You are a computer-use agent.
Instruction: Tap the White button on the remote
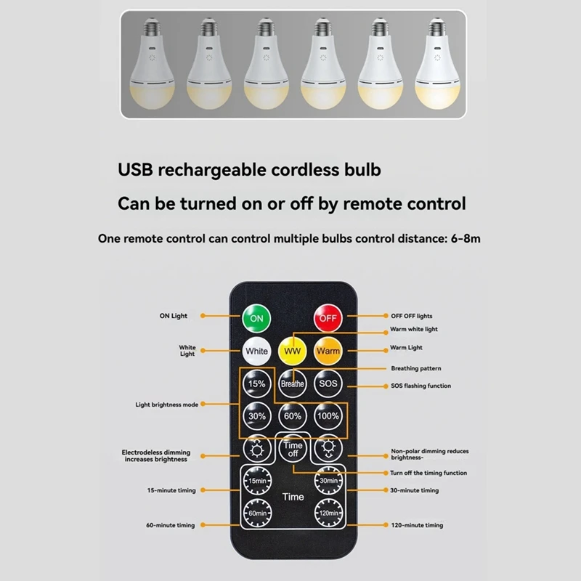[x=256, y=351]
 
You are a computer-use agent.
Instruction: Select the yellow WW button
[x=292, y=351]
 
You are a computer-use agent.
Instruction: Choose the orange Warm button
[x=328, y=351]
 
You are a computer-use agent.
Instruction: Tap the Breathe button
[x=292, y=383]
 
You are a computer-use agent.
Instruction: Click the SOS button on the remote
[x=328, y=383]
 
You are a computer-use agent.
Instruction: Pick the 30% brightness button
[x=256, y=416]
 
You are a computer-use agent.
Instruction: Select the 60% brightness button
[x=292, y=416]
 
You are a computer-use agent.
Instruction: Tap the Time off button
[x=293, y=449]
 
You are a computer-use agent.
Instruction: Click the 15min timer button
[x=256, y=481]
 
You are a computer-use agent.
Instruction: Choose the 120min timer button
[x=328, y=513]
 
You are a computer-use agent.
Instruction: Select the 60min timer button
[x=256, y=513]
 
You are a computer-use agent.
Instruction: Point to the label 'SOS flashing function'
[x=420, y=386]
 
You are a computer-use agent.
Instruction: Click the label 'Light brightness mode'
[x=166, y=404]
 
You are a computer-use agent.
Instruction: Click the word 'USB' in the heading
[x=137, y=171]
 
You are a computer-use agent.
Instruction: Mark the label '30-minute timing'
[x=415, y=490]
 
